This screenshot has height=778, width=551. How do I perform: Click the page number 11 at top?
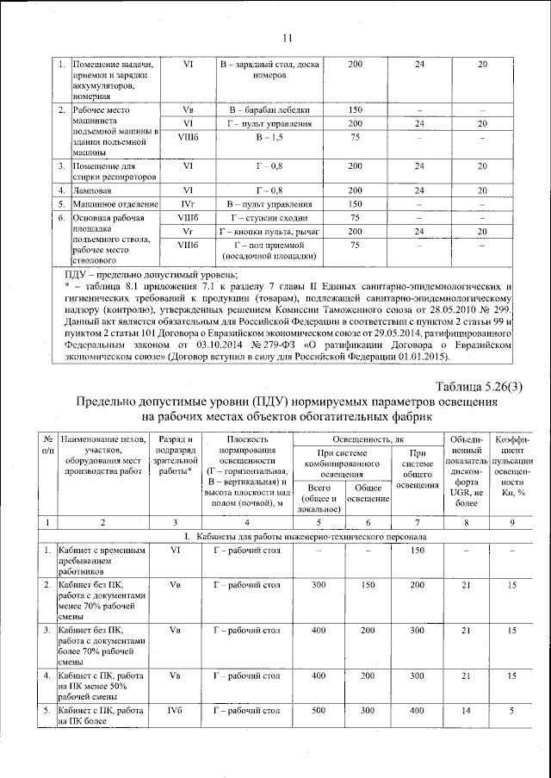tap(288, 37)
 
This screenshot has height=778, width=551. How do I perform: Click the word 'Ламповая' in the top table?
tap(92, 190)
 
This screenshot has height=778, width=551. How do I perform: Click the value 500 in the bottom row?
tap(319, 711)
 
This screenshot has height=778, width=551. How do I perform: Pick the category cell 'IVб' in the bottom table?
tap(176, 711)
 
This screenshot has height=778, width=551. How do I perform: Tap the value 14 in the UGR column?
tap(466, 711)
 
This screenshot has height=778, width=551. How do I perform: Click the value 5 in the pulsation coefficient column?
tap(511, 711)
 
